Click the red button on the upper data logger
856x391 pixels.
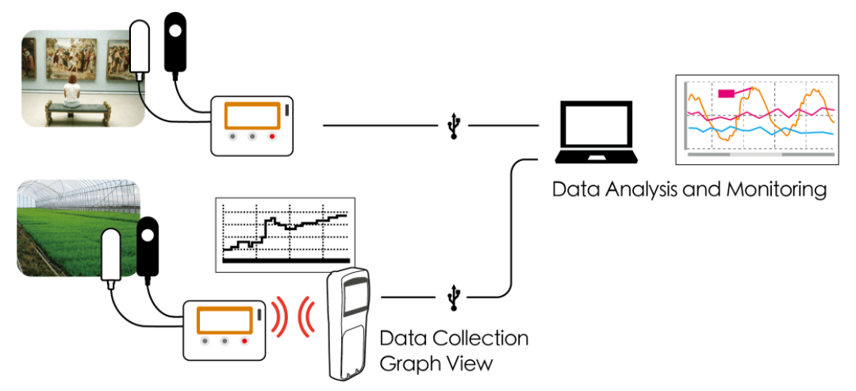(272, 136)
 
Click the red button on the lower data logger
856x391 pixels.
(244, 341)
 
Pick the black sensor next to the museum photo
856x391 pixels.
(175, 40)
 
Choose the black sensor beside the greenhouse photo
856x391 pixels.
(148, 247)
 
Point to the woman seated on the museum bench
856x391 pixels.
(72, 92)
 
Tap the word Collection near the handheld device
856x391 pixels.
(481, 339)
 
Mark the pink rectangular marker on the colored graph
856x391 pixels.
(727, 94)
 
